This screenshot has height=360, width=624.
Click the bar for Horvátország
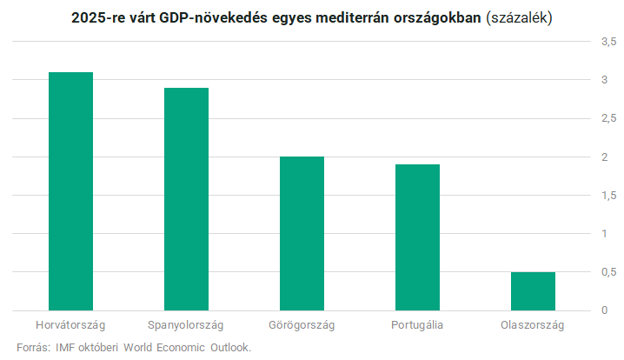click(70, 191)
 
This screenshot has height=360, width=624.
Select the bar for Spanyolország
click(186, 199)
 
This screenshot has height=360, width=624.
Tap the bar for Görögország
click(302, 233)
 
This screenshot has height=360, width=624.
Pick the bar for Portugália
click(417, 237)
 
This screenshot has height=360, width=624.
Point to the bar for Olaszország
click(533, 291)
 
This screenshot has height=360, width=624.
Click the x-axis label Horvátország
click(70, 325)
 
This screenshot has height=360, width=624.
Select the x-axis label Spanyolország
click(186, 325)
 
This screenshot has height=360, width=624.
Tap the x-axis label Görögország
click(302, 325)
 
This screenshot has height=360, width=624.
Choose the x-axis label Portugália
click(417, 325)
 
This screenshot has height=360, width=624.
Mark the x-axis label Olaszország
click(533, 325)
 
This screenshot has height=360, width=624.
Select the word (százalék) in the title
click(520, 17)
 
